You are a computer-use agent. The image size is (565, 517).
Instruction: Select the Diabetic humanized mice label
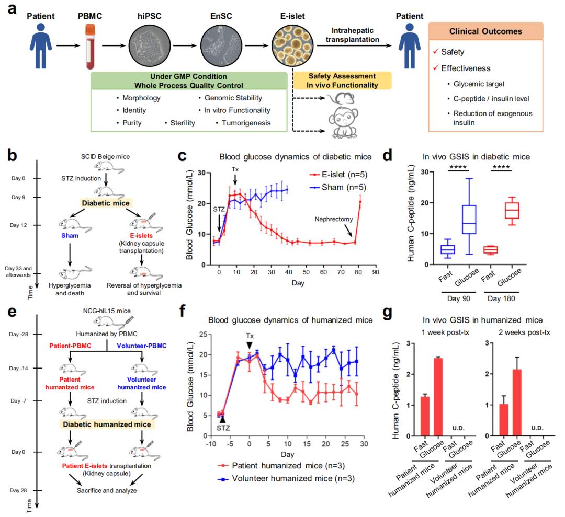pyautogui.click(x=109, y=424)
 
